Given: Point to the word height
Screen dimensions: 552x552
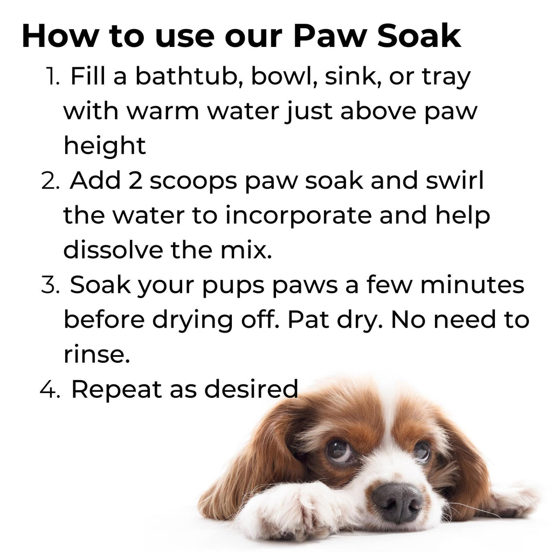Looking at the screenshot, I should (x=105, y=146).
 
